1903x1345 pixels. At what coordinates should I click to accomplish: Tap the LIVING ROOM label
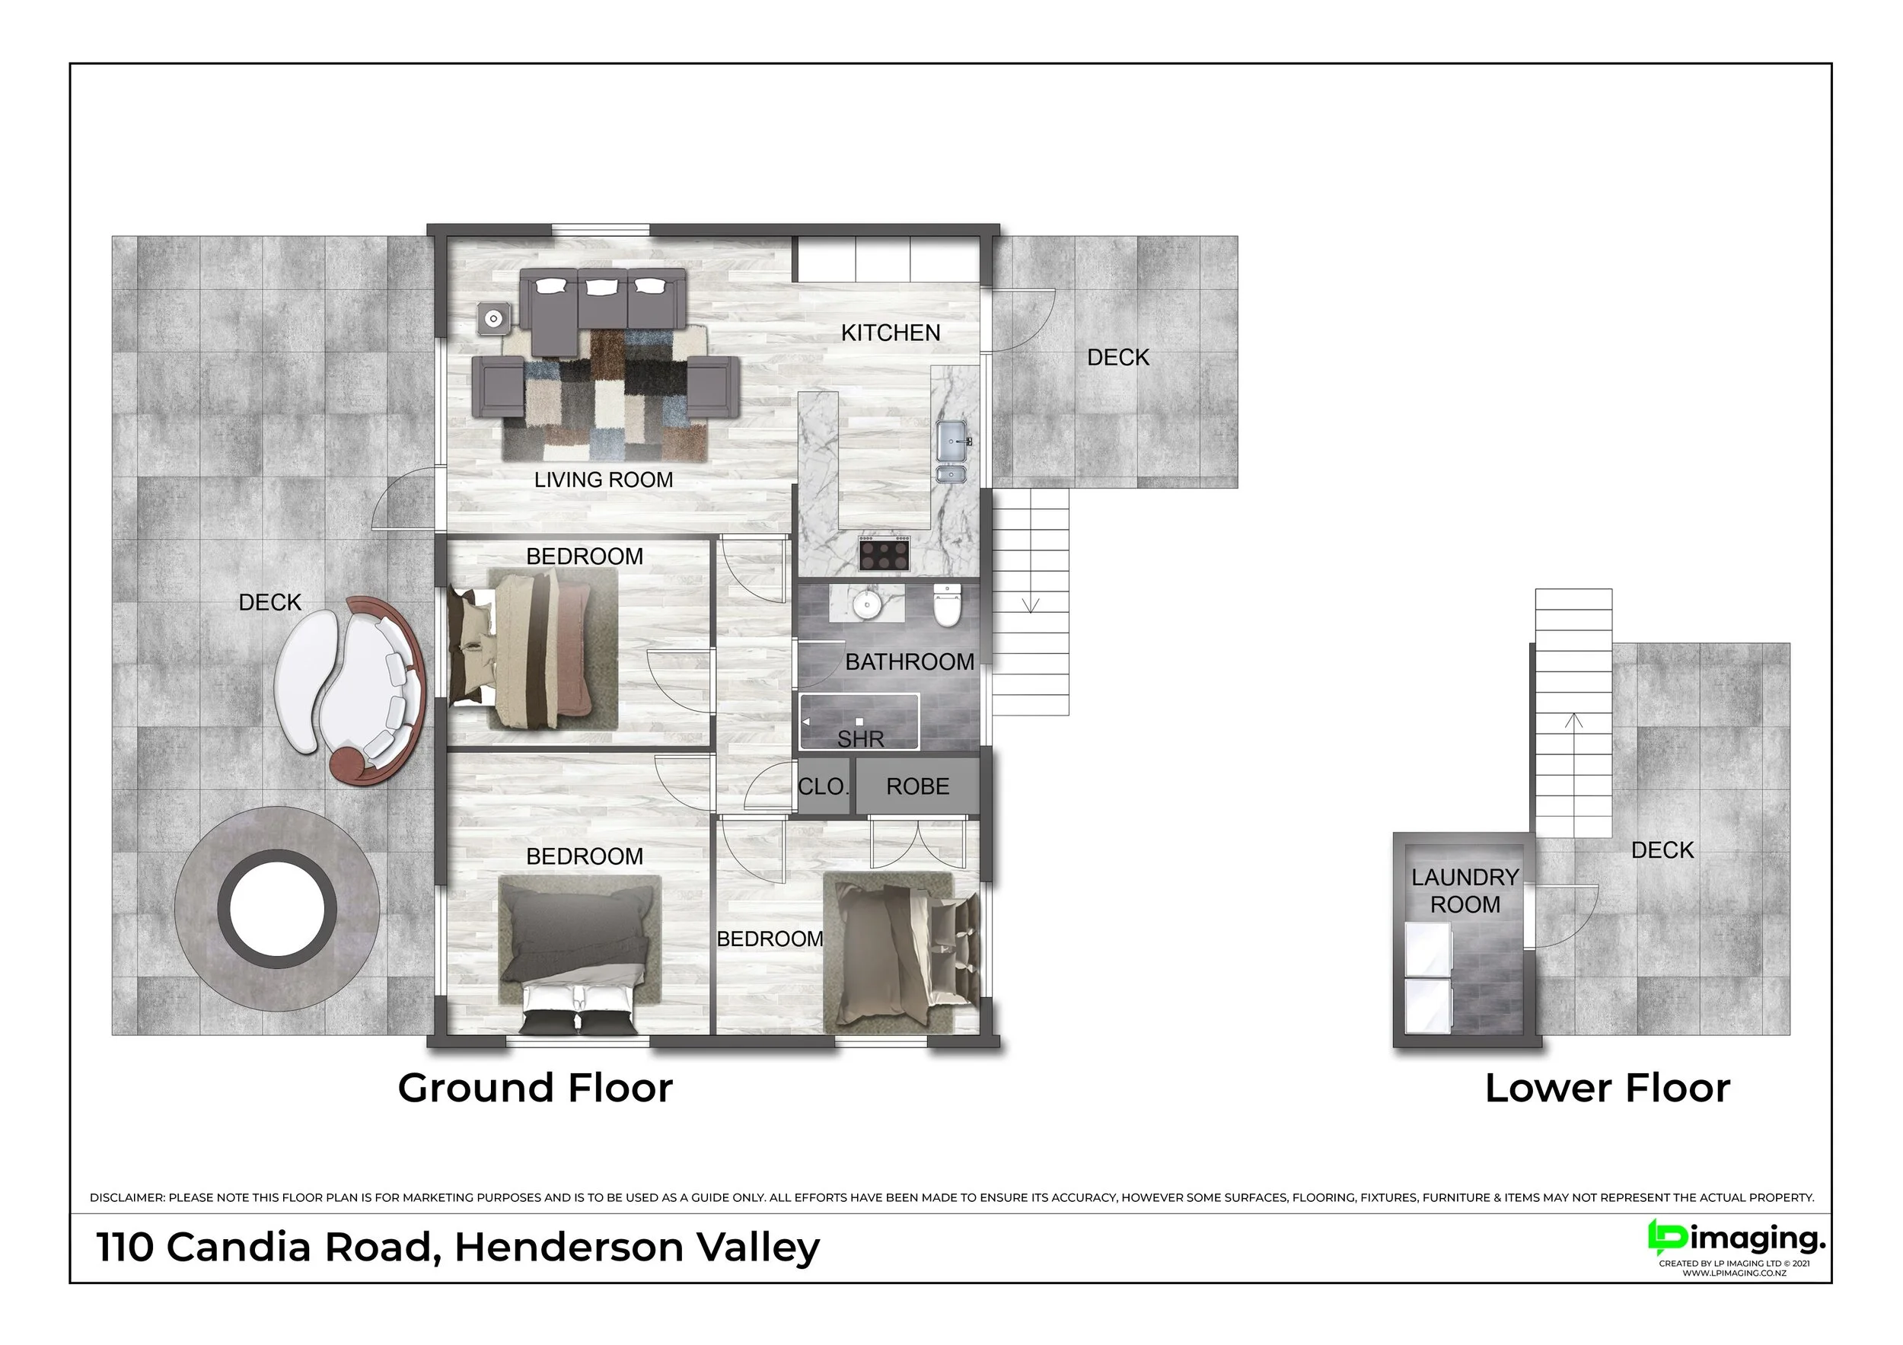(x=604, y=480)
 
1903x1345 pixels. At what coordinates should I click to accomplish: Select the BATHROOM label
(x=909, y=662)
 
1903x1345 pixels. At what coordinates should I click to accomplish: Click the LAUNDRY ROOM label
(x=1465, y=891)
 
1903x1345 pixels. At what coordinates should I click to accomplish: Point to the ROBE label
(x=917, y=786)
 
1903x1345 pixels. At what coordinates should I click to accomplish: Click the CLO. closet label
(x=823, y=786)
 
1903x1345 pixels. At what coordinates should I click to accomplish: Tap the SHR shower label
(x=860, y=739)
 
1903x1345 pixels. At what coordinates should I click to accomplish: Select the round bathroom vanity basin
(x=866, y=604)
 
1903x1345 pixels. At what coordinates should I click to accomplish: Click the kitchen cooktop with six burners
(x=885, y=553)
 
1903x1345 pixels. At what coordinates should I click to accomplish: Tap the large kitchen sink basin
(x=951, y=440)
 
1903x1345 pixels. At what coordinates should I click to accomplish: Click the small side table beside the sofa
(x=495, y=318)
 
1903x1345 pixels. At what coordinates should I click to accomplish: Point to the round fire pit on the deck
(x=278, y=909)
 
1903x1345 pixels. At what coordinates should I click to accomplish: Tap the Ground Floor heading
(x=535, y=1088)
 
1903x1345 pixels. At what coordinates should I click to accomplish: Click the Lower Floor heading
(x=1607, y=1088)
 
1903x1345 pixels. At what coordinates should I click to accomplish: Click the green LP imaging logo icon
(x=1667, y=1238)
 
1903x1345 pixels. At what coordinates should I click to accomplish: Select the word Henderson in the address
(x=568, y=1248)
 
